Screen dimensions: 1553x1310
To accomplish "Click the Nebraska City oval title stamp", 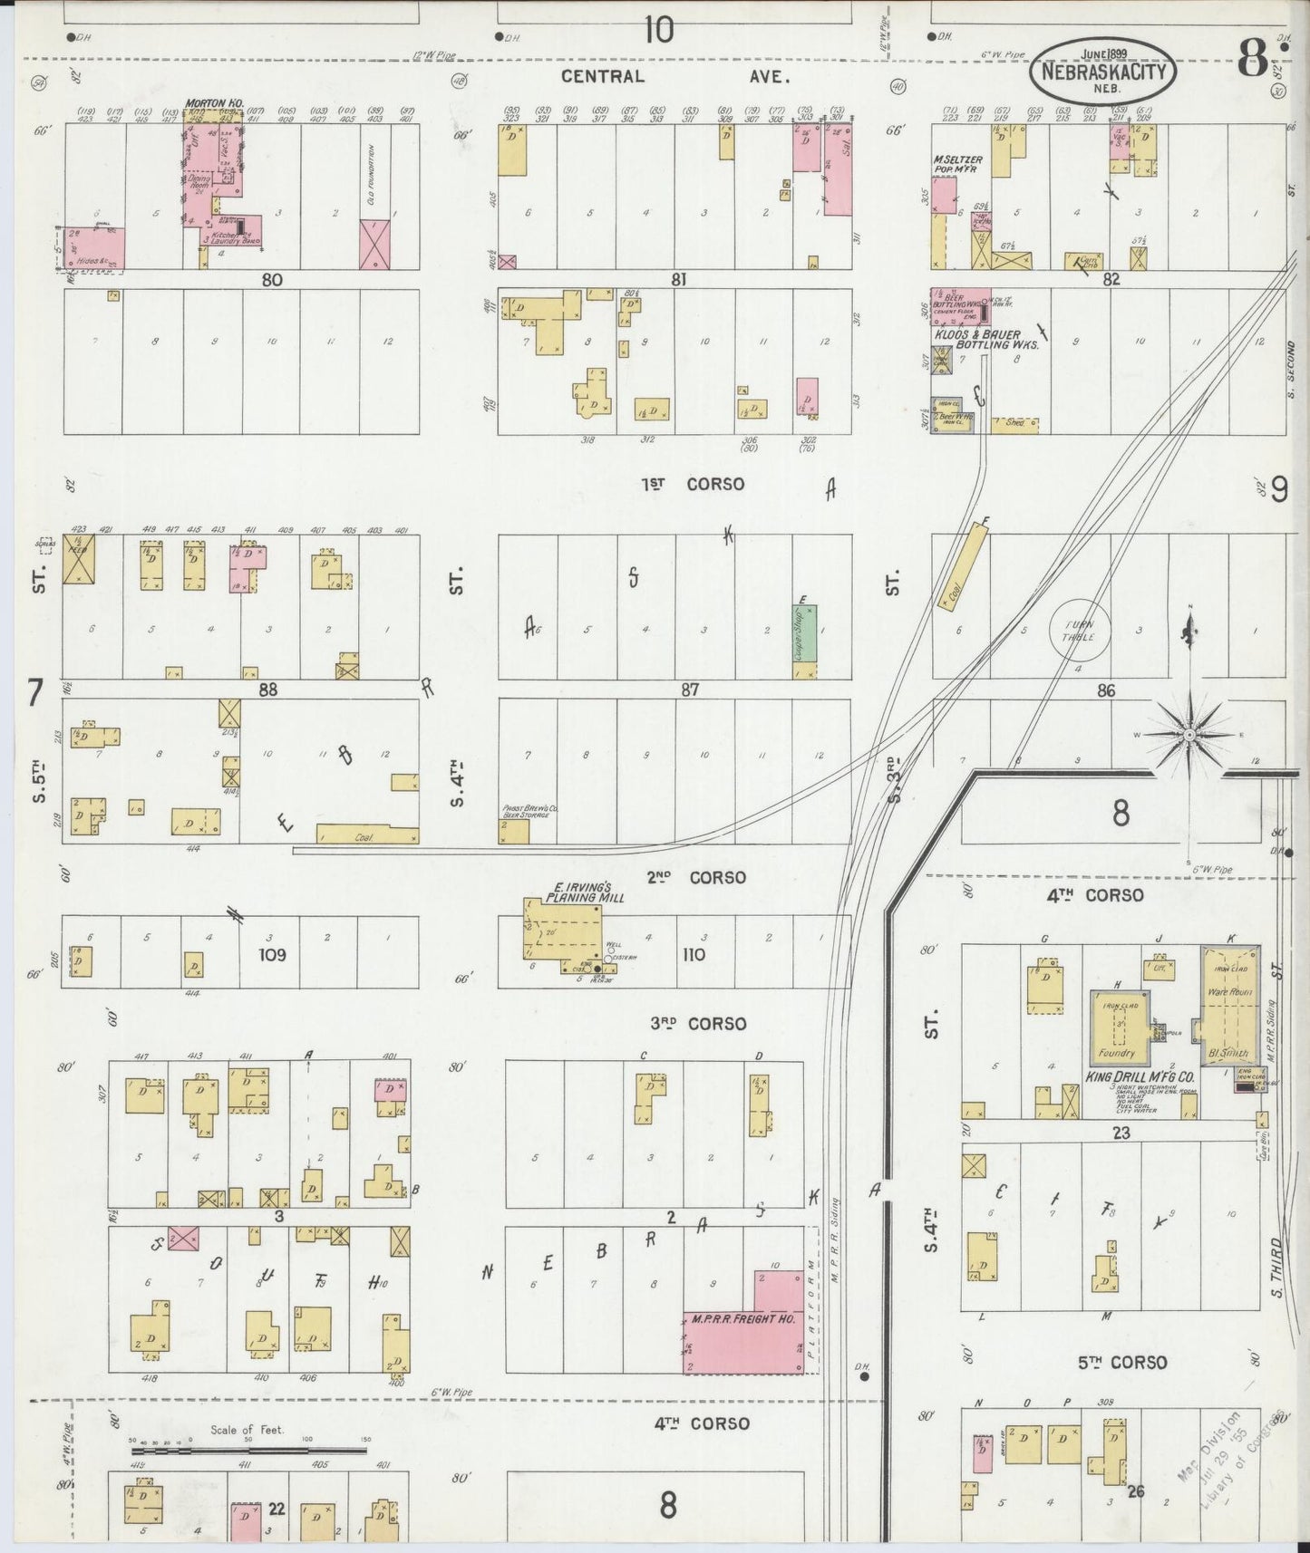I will pos(1102,70).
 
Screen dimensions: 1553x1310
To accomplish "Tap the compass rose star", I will pos(1188,735).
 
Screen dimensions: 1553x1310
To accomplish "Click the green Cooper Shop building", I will pos(804,633).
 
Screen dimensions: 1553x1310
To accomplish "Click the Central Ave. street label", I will pos(674,77).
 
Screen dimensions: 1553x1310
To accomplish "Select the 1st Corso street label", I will pos(693,484).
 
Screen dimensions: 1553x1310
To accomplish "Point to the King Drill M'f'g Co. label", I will pos(1140,1077).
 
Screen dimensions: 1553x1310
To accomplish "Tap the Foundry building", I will pos(1118,1028).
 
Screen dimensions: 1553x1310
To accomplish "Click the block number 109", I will pos(272,954).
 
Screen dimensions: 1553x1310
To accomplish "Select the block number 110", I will pos(694,954).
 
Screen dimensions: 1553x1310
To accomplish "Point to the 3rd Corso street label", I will pos(698,1024).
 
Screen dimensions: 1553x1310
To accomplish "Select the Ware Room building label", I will pos(1228,991).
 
